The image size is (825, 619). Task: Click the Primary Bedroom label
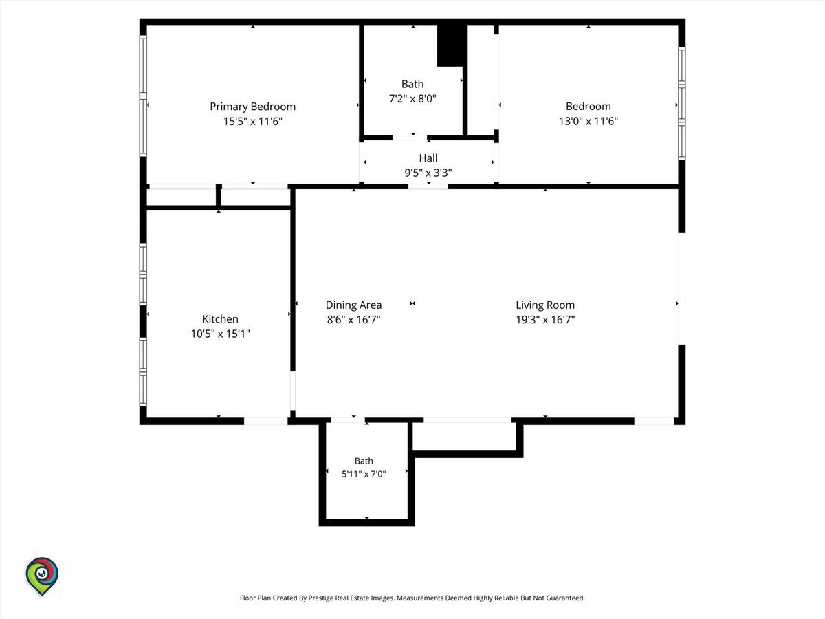pyautogui.click(x=252, y=107)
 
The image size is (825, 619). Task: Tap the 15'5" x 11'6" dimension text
pyautogui.click(x=252, y=122)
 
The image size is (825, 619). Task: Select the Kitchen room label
pyautogui.click(x=220, y=319)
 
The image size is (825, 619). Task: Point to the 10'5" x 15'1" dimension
pyautogui.click(x=220, y=334)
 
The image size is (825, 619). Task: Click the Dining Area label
pyautogui.click(x=353, y=305)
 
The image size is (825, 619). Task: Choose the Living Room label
pyautogui.click(x=545, y=305)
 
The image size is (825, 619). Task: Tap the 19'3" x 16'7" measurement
pyautogui.click(x=545, y=319)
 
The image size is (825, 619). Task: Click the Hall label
pyautogui.click(x=428, y=158)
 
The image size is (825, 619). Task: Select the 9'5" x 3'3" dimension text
pyautogui.click(x=428, y=173)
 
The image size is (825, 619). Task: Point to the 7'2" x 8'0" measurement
pyautogui.click(x=412, y=98)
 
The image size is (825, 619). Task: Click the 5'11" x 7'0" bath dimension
pyautogui.click(x=364, y=474)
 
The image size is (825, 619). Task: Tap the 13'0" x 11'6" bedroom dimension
pyautogui.click(x=588, y=121)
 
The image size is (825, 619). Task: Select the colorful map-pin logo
pyautogui.click(x=42, y=576)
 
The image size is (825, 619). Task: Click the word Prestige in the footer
pyautogui.click(x=320, y=598)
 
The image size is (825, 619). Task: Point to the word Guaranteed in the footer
pyautogui.click(x=566, y=598)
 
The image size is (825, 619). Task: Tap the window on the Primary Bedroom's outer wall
pyautogui.click(x=143, y=96)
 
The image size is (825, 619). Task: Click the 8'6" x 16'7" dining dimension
pyautogui.click(x=353, y=319)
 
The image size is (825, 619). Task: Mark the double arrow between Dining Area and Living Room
pyautogui.click(x=412, y=303)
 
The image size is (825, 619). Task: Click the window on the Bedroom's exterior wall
pyautogui.click(x=682, y=103)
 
